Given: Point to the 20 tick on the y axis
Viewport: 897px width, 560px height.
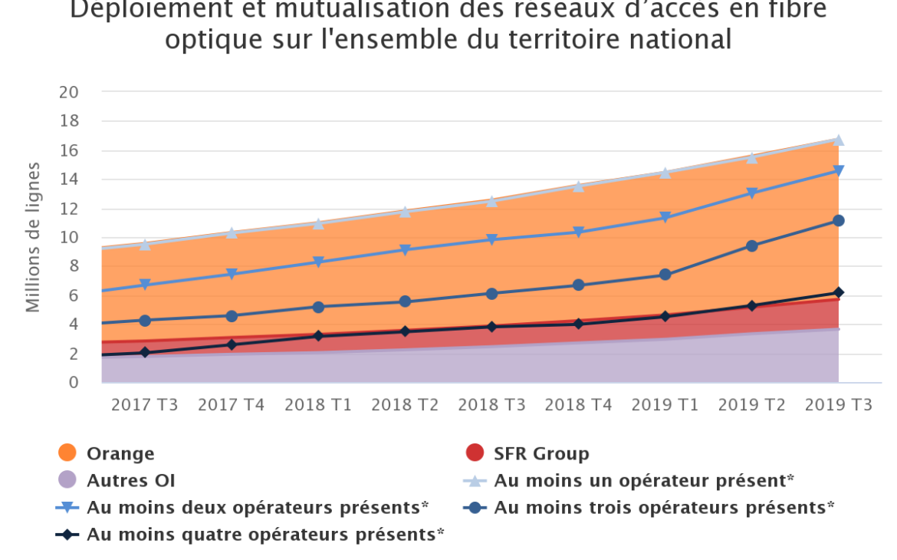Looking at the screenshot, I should [x=69, y=92].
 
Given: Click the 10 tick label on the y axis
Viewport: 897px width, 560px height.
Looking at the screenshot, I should [x=69, y=238].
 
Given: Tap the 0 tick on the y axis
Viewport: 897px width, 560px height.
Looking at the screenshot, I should [x=74, y=383].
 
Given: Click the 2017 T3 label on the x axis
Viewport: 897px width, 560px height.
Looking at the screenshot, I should [x=145, y=406].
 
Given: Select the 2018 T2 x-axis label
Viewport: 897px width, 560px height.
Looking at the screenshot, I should [x=405, y=406].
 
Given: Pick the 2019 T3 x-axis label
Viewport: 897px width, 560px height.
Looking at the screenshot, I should [x=838, y=406].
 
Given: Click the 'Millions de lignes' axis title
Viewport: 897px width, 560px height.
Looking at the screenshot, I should [x=33, y=238].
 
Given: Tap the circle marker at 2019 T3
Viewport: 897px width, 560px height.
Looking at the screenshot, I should [x=838, y=221].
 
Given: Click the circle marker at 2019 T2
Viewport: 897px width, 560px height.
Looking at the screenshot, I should [x=751, y=246].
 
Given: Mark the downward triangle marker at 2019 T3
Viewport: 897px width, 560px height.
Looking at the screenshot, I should [x=838, y=170].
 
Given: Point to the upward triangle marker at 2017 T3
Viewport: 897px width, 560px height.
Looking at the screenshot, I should [x=145, y=245].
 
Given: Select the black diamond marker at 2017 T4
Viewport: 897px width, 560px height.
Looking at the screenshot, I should [x=232, y=345].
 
